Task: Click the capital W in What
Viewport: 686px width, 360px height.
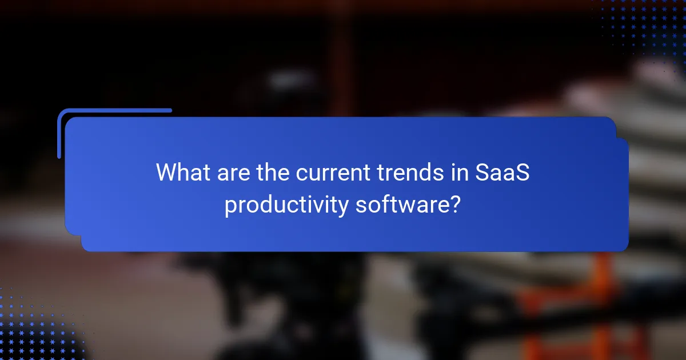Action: pos(167,172)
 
